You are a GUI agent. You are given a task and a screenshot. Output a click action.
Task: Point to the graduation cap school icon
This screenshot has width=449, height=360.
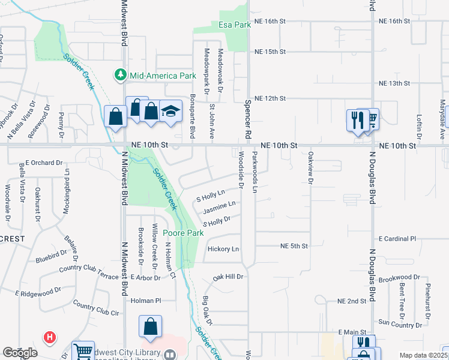(x=170, y=111)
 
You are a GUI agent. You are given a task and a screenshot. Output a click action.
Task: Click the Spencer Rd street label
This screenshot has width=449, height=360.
(x=247, y=117)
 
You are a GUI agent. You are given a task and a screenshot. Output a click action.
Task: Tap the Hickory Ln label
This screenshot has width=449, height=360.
(x=223, y=249)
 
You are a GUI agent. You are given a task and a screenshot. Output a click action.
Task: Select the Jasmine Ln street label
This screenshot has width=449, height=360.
(x=218, y=208)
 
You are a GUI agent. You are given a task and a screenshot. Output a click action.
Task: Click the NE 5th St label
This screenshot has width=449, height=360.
(x=294, y=246)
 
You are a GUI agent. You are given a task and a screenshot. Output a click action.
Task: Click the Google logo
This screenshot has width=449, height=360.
(x=20, y=353)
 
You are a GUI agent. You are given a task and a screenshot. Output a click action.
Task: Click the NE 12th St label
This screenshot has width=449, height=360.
(x=270, y=98)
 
